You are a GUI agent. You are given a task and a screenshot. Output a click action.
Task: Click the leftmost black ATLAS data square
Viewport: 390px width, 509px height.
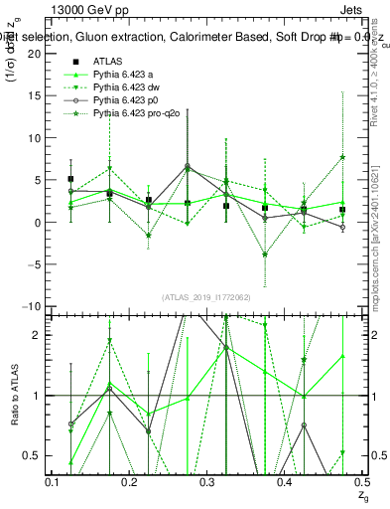pos(70,179)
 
